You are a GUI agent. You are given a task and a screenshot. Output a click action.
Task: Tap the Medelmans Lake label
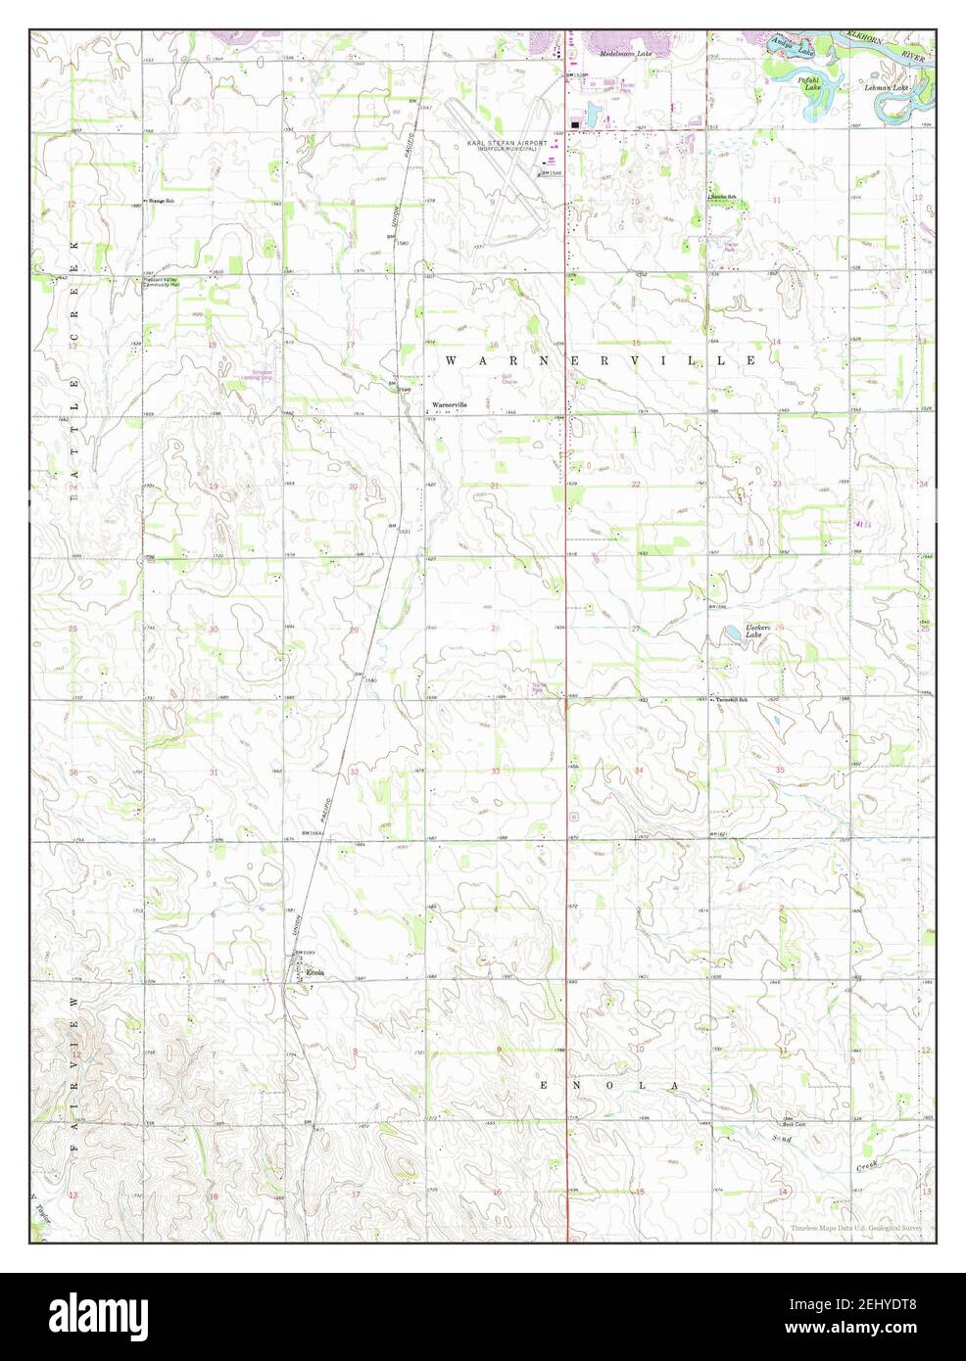(x=631, y=54)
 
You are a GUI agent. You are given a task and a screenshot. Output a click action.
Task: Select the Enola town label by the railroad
(x=314, y=972)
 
